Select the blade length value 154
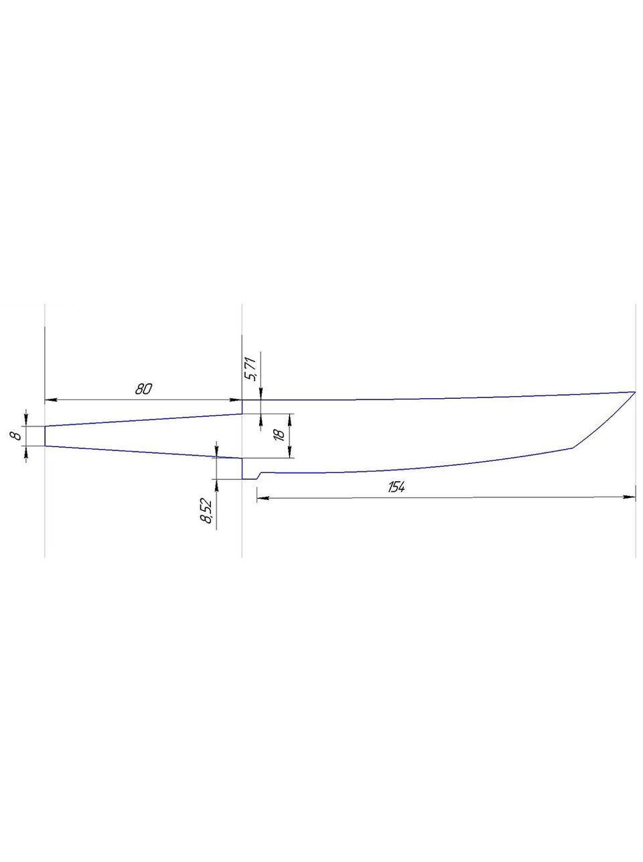[x=397, y=487]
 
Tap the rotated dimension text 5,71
[x=251, y=369]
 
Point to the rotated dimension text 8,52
[x=206, y=511]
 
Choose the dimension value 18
[x=280, y=435]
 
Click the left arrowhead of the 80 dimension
[x=51, y=399]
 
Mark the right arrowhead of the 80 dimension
[x=235, y=399]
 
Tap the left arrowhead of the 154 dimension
[x=263, y=498]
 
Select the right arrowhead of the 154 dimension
[x=629, y=497]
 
